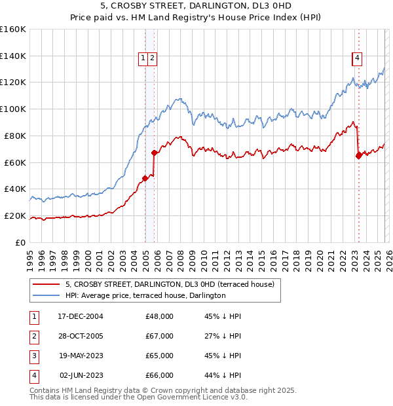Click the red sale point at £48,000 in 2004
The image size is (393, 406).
pyautogui.click(x=145, y=177)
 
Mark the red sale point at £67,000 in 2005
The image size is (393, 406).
pyautogui.click(x=155, y=153)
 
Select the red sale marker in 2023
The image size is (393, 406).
pyautogui.click(x=358, y=155)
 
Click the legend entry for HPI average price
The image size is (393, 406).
pyautogui.click(x=145, y=295)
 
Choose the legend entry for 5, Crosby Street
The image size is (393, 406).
pyautogui.click(x=173, y=284)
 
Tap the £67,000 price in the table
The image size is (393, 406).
pyautogui.click(x=159, y=336)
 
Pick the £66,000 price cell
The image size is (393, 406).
pyautogui.click(x=159, y=376)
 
